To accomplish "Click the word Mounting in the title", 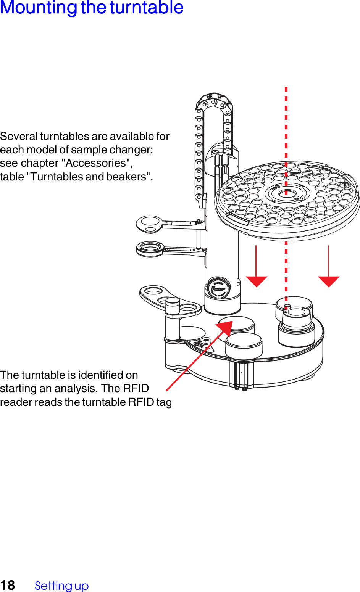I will [39, 8].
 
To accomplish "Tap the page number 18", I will [8, 585].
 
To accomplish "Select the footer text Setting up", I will [61, 586].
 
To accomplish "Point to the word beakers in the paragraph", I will [128, 177].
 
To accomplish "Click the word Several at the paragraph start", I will [19, 136].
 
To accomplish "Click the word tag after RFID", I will [164, 402].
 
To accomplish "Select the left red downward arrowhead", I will [256, 281].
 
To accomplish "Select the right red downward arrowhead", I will [329, 281].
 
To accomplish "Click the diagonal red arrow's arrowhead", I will [226, 328].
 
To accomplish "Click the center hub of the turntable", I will [286, 193].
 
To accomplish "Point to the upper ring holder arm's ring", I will [150, 224].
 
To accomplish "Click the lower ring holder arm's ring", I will [150, 249].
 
